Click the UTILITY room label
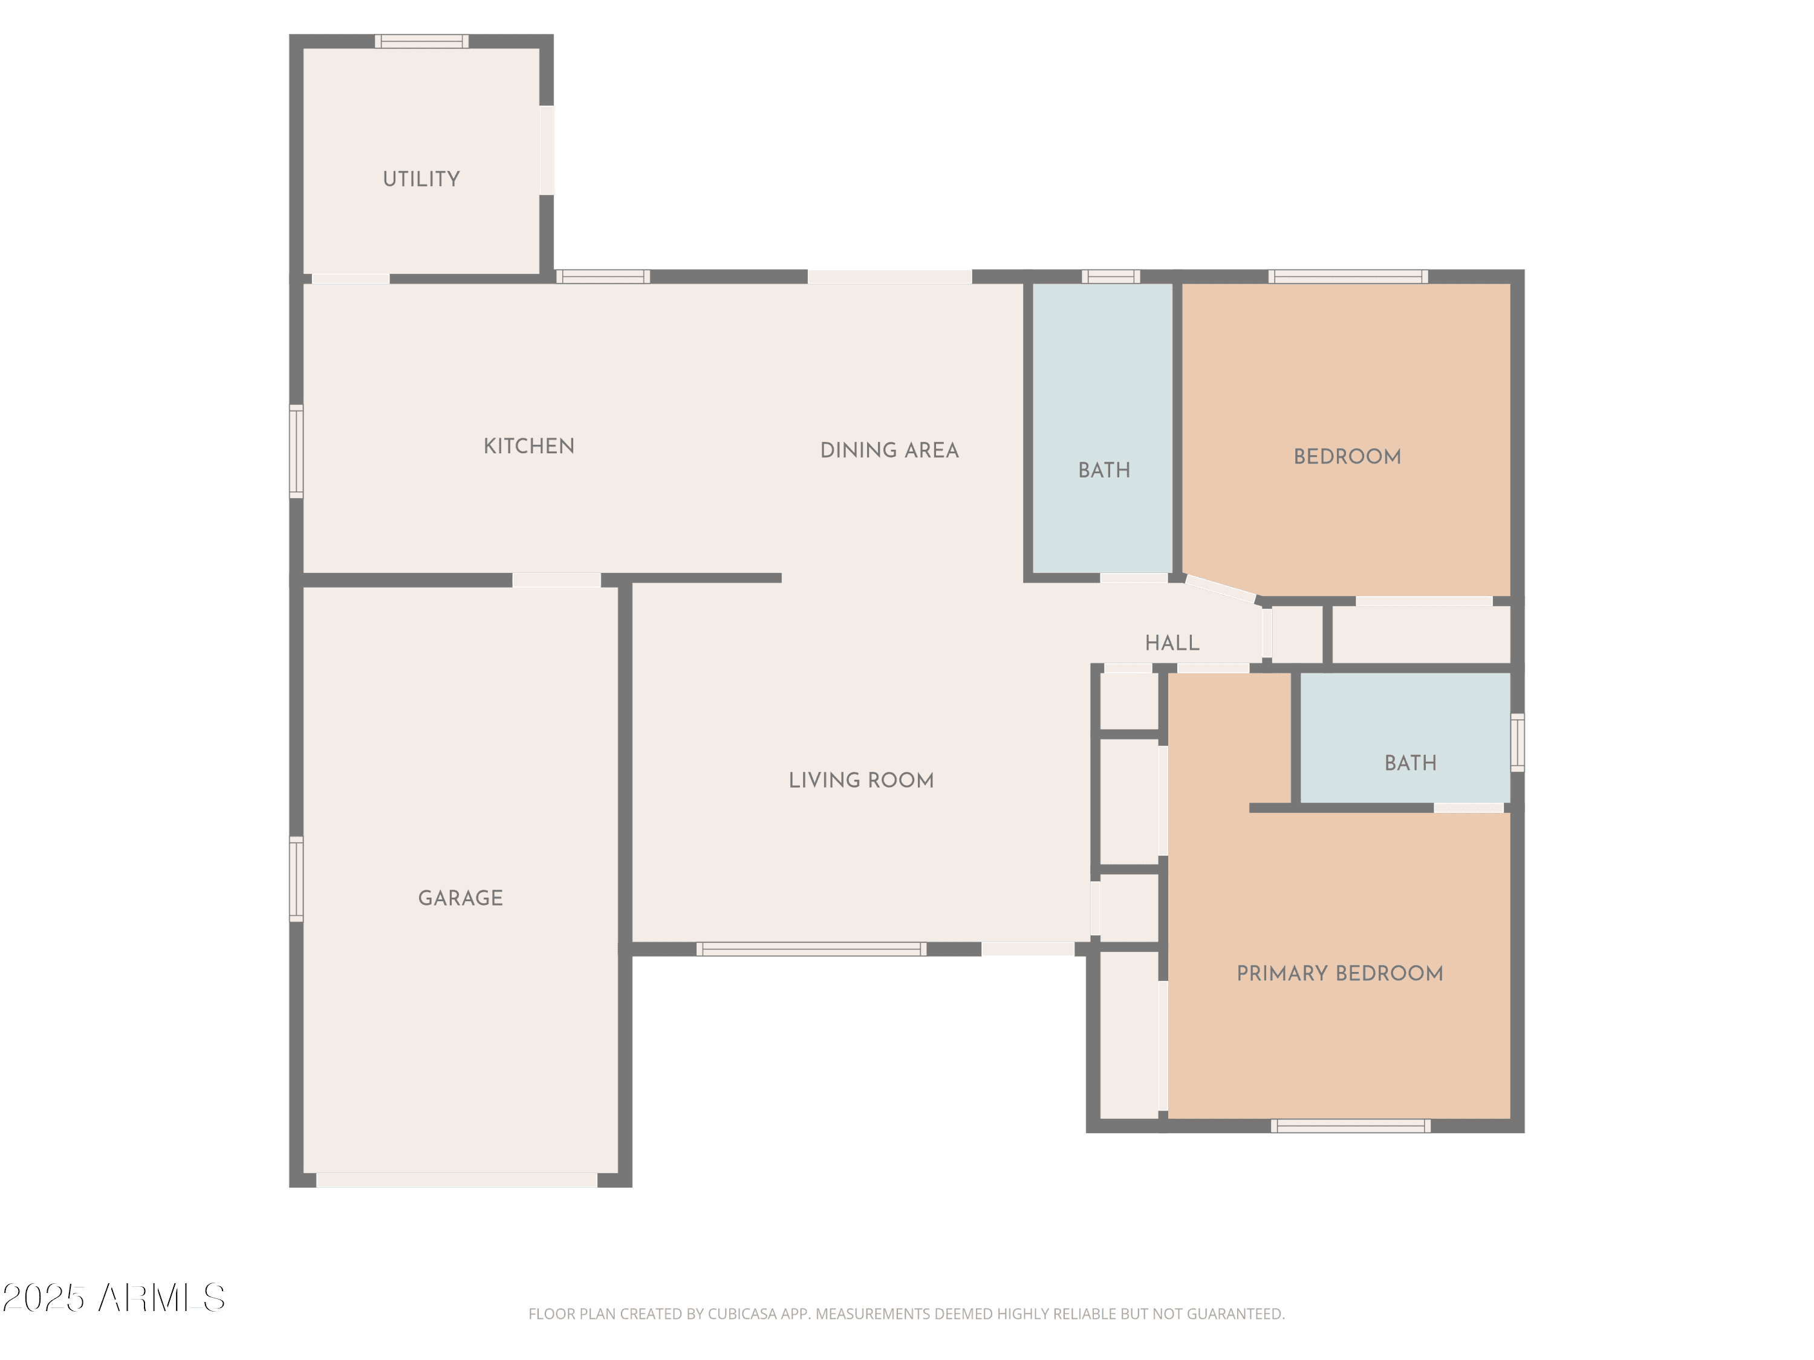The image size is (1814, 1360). tap(421, 179)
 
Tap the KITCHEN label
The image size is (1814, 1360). tap(529, 446)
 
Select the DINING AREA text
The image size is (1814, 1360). tap(890, 450)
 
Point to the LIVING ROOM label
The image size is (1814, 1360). tap(861, 780)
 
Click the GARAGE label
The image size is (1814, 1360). tap(461, 898)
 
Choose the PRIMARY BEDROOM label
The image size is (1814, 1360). tap(1340, 974)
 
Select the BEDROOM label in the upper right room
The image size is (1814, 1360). tap(1347, 456)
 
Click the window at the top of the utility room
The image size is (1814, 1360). tap(422, 41)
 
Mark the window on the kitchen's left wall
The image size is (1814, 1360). tap(296, 451)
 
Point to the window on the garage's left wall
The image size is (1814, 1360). tap(296, 879)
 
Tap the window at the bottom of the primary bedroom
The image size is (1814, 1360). tap(1351, 1126)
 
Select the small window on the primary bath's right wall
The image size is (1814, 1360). tap(1518, 743)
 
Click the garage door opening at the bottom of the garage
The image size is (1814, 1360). tap(457, 1180)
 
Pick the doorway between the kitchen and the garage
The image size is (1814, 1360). tap(557, 580)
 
